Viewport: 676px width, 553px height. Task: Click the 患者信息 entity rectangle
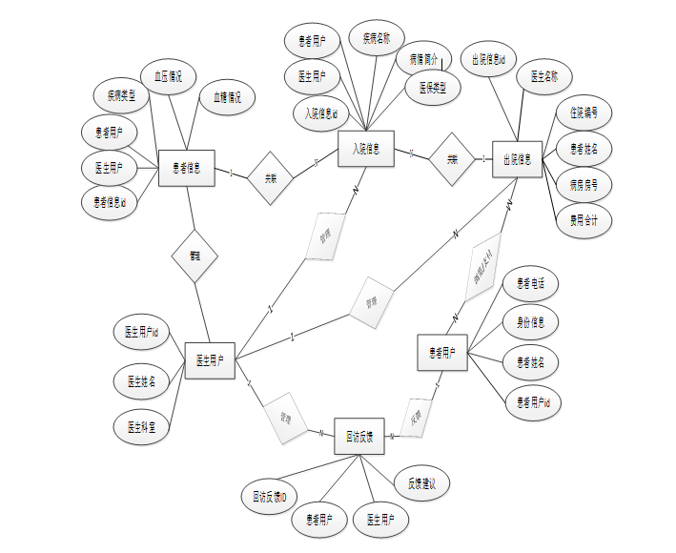coord(186,169)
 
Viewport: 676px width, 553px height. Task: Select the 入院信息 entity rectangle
coord(366,149)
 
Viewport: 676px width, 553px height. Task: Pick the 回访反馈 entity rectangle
coord(358,436)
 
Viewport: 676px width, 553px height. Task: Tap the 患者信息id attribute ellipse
coord(110,202)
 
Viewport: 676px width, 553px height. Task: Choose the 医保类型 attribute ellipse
coord(432,88)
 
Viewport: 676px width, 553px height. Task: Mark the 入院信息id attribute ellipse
coord(321,113)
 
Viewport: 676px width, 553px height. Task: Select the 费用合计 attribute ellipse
coord(584,219)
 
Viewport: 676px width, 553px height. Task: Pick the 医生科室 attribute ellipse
coord(141,427)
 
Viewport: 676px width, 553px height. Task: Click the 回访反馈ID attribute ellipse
coord(270,497)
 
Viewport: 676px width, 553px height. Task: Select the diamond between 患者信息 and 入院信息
coord(270,177)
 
